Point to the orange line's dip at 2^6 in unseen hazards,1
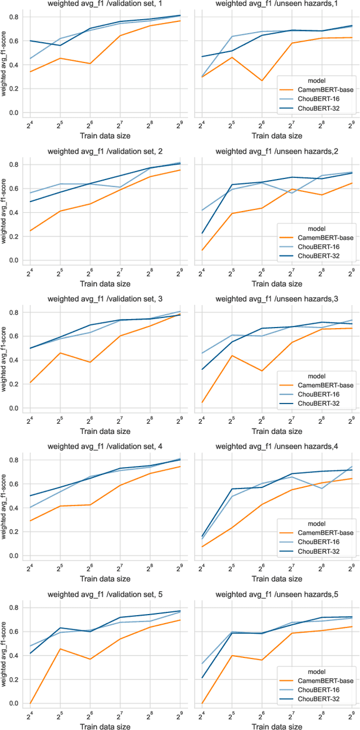(x=262, y=80)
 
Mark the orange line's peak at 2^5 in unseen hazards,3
(x=232, y=355)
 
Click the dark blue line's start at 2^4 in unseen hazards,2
(x=202, y=233)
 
